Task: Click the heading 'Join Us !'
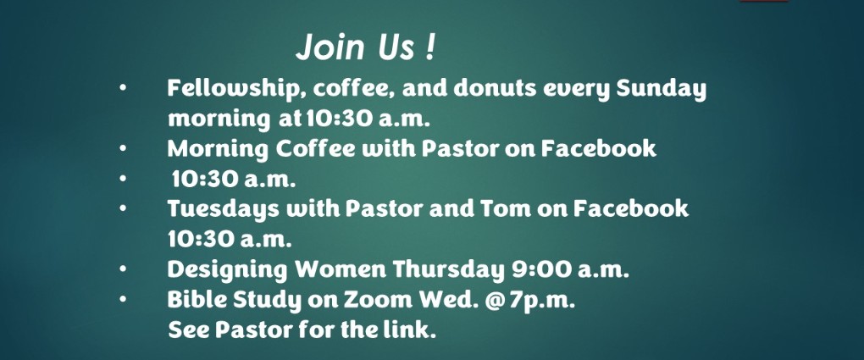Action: point(365,47)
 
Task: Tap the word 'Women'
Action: point(340,269)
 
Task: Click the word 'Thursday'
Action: point(449,270)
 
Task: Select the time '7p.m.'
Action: point(542,301)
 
